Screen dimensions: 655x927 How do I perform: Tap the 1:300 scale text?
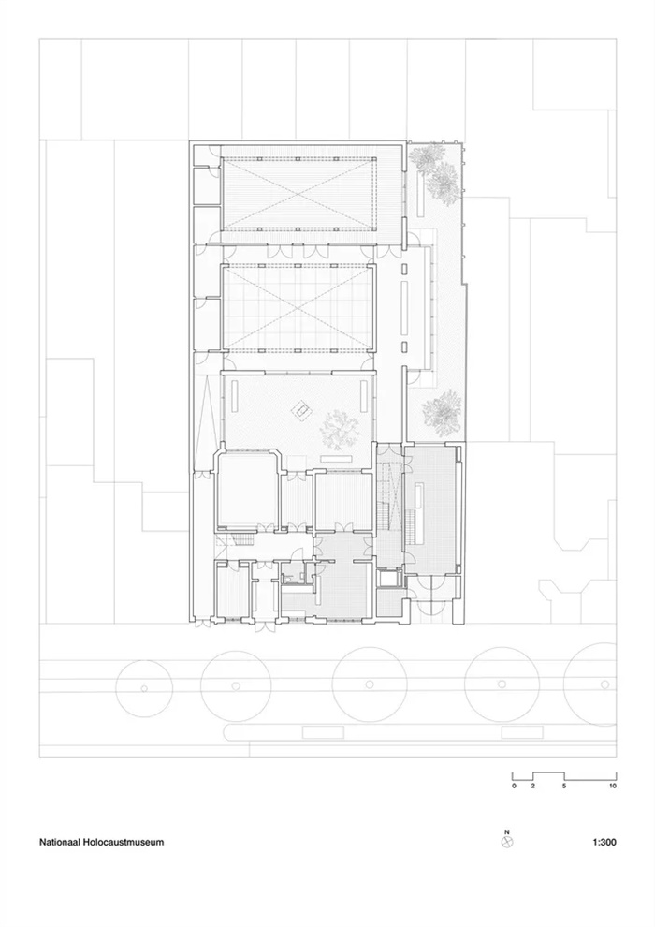coord(604,842)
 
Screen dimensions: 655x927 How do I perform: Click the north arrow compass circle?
coord(507,842)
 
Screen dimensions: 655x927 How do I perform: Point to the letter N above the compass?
coord(507,831)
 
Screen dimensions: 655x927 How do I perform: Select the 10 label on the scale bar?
coord(613,787)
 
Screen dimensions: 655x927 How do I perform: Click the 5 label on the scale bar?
coord(564,787)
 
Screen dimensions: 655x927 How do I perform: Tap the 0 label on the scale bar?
coord(514,787)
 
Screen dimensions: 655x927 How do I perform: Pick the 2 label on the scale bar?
coord(532,787)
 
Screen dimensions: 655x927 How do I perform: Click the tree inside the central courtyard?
coord(340,430)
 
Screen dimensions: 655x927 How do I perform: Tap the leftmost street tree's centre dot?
coord(143,687)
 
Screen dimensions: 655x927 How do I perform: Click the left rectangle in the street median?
coord(323,732)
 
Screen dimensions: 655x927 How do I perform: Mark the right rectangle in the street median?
coord(522,732)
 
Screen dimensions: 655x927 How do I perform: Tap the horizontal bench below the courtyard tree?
coord(336,459)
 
